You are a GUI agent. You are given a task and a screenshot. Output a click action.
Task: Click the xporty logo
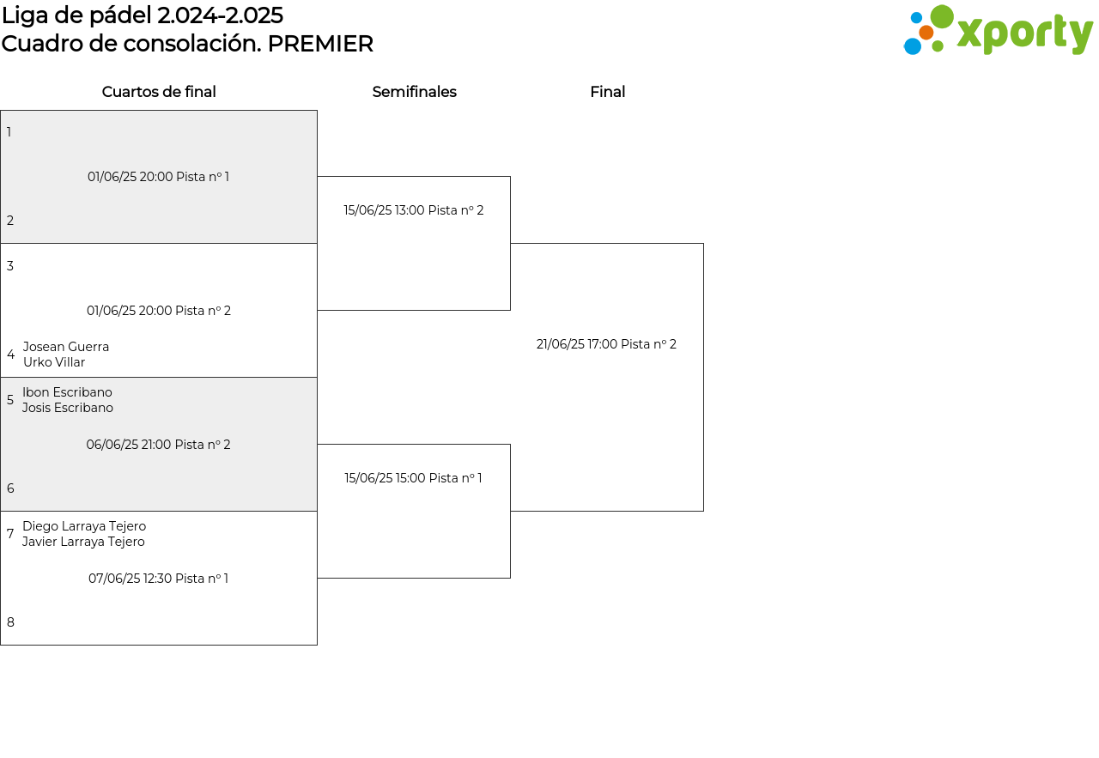click(x=998, y=29)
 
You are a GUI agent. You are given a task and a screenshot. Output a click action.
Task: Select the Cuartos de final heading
click(x=159, y=92)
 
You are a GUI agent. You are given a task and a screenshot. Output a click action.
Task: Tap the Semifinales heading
click(x=414, y=92)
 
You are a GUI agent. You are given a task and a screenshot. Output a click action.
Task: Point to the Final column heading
click(x=607, y=92)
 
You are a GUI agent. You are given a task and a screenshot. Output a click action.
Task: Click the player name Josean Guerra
click(x=66, y=346)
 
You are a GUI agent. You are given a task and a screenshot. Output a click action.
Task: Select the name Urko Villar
click(x=54, y=362)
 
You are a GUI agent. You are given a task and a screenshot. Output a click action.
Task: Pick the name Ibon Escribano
click(x=67, y=392)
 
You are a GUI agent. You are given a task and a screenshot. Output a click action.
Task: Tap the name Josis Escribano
click(x=68, y=408)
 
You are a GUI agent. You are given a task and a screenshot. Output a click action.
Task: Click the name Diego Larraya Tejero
click(x=84, y=526)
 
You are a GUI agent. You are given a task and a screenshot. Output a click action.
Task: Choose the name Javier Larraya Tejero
click(x=83, y=542)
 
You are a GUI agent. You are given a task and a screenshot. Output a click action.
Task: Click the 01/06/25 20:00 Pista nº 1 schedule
click(x=158, y=177)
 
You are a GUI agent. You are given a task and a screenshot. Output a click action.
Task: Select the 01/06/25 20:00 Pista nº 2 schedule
click(x=159, y=311)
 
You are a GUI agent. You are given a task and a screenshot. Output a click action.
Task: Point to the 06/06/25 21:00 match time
click(x=158, y=445)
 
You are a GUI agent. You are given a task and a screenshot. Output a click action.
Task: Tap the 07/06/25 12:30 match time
click(x=158, y=579)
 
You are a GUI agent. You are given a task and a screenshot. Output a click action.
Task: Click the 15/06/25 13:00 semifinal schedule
click(x=414, y=210)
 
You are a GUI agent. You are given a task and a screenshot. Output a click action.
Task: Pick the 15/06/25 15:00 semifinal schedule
click(x=413, y=478)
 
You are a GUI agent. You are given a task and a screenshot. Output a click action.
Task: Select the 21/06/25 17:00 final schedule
click(x=606, y=344)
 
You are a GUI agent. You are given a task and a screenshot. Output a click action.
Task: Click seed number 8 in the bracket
click(x=10, y=622)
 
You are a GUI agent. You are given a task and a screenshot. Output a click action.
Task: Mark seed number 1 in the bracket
click(x=9, y=132)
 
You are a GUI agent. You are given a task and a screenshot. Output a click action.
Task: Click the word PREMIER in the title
click(x=320, y=44)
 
